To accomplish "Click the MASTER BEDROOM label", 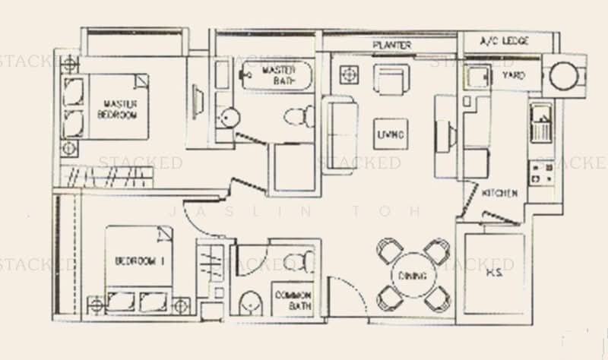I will [x=117, y=109].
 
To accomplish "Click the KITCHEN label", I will [x=500, y=194].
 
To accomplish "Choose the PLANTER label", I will [x=392, y=46].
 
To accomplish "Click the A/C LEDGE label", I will [x=505, y=40].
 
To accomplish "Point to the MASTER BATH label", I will [x=278, y=75].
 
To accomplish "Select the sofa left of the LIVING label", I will [x=340, y=131].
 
